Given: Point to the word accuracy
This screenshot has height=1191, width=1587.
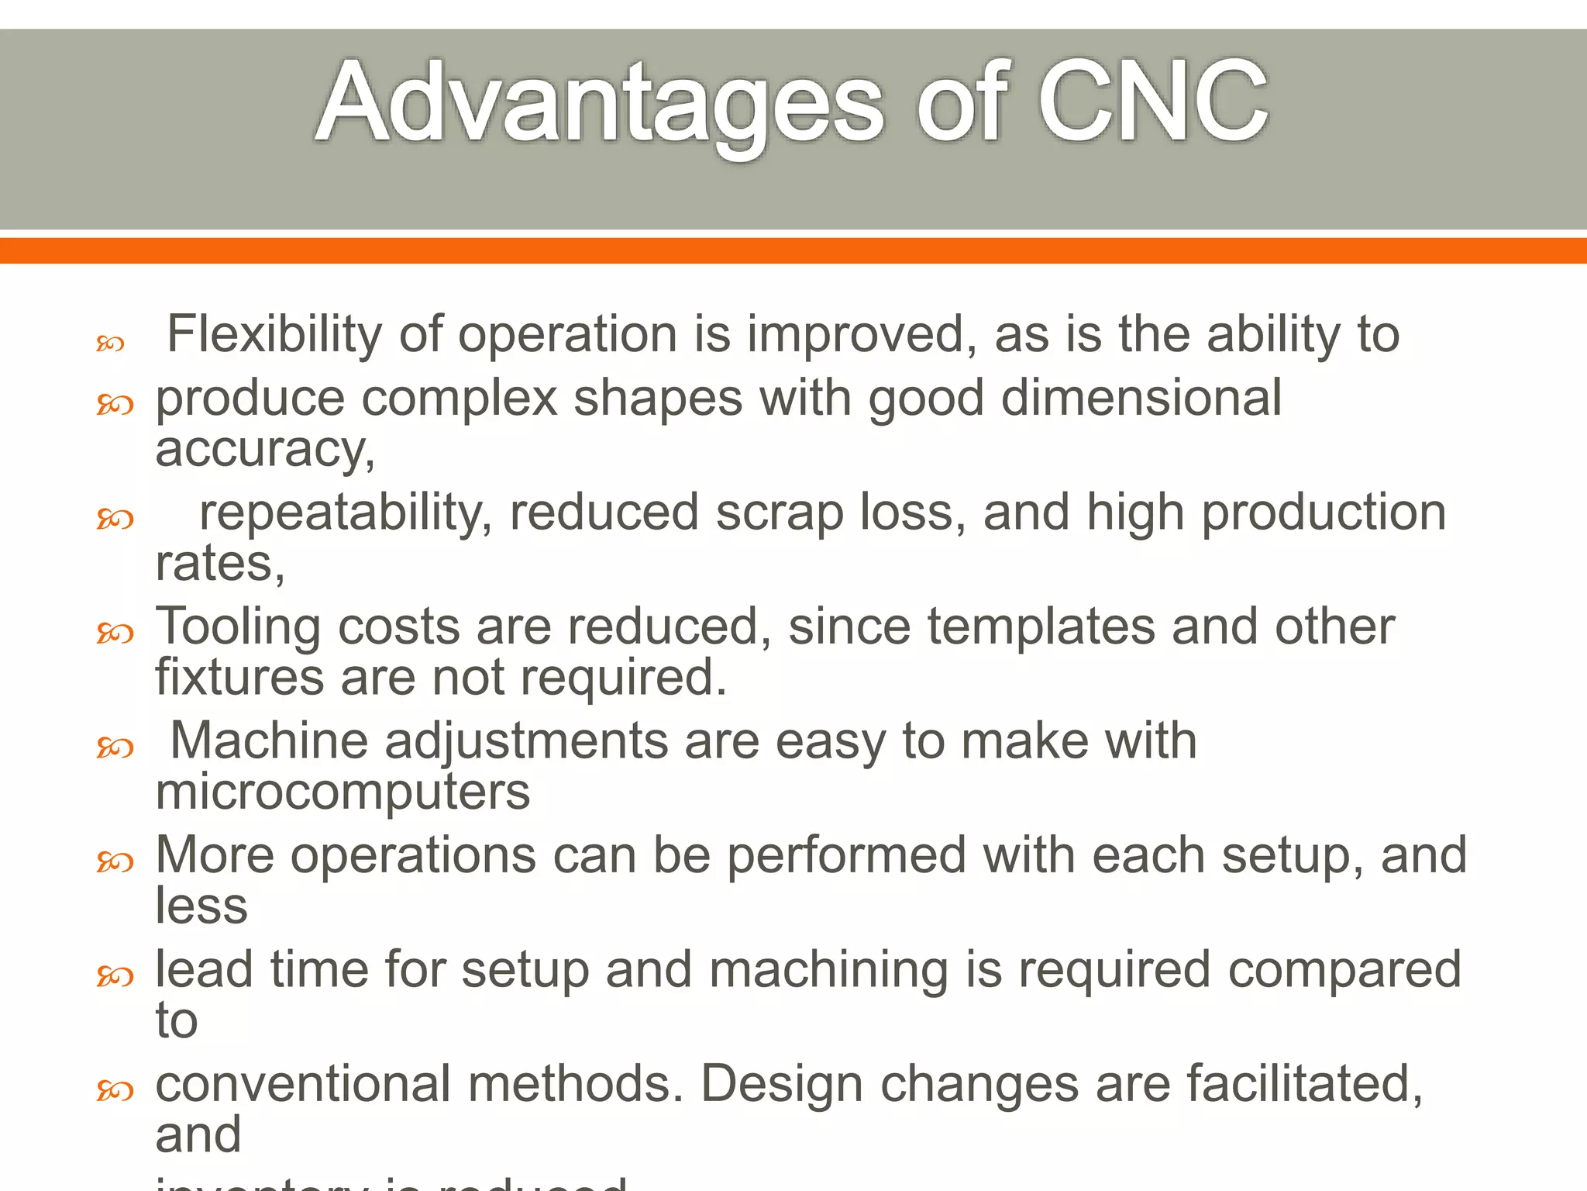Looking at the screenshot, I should coord(264,450).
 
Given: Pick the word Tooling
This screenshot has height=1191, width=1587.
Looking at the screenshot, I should coord(238,627).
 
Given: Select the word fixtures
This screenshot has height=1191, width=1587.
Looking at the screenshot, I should coord(239,677).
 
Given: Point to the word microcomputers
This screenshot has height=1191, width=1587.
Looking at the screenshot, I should coord(343,792).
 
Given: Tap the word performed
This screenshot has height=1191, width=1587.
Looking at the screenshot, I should coord(847,856).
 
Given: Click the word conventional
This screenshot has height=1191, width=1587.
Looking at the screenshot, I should coord(303,1084).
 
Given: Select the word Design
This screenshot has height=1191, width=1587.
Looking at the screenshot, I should coord(782,1084).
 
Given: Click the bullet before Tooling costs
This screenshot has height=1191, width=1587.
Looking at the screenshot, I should coord(115,633).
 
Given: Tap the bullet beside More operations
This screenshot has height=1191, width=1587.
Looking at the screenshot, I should coord(115,862).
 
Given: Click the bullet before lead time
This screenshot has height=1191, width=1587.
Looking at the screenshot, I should coord(115,976).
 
